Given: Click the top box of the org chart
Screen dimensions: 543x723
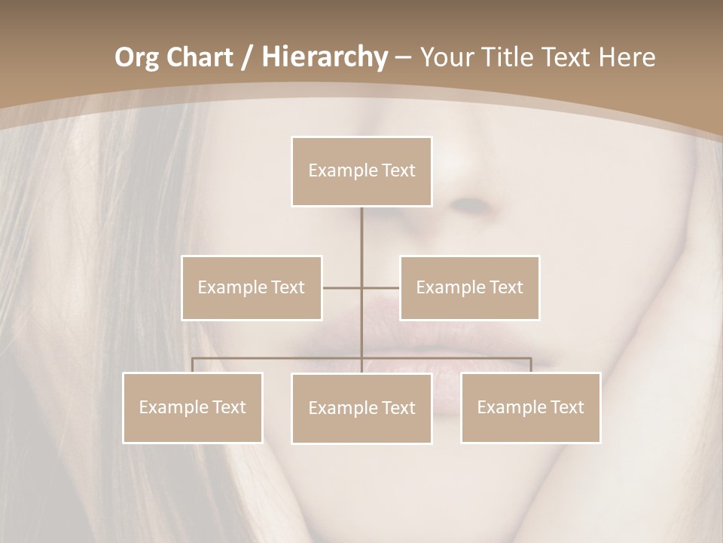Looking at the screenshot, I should click(x=361, y=171).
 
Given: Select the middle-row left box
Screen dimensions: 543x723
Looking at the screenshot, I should click(x=252, y=287).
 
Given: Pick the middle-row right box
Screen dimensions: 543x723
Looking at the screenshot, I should click(x=469, y=287).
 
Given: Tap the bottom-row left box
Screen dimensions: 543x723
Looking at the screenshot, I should click(x=193, y=407).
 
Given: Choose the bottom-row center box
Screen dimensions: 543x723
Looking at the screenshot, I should click(x=361, y=408).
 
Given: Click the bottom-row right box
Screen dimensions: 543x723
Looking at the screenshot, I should click(x=530, y=407).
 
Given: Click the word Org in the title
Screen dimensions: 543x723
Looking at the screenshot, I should click(x=136, y=57).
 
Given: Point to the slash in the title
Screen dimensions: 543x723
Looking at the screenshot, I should click(x=248, y=57).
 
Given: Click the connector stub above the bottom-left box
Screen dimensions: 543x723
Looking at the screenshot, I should click(x=193, y=365).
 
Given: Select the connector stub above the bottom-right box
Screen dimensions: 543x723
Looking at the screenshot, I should click(x=531, y=365).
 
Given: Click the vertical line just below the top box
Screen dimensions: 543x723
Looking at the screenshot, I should click(x=361, y=226).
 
